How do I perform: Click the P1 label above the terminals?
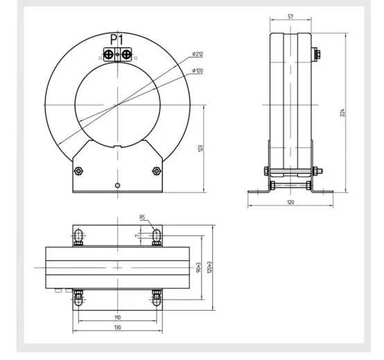(x=116, y=40)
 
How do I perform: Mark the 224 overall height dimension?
(x=342, y=112)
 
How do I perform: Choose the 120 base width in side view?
(x=290, y=202)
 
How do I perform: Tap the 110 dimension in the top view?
(x=117, y=317)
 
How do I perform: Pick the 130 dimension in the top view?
(x=117, y=327)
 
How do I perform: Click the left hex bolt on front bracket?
(x=78, y=171)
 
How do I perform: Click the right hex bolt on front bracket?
(x=155, y=171)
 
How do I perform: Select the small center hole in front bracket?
(x=119, y=185)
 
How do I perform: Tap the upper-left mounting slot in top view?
(x=78, y=237)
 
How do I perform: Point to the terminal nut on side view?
(x=317, y=55)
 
